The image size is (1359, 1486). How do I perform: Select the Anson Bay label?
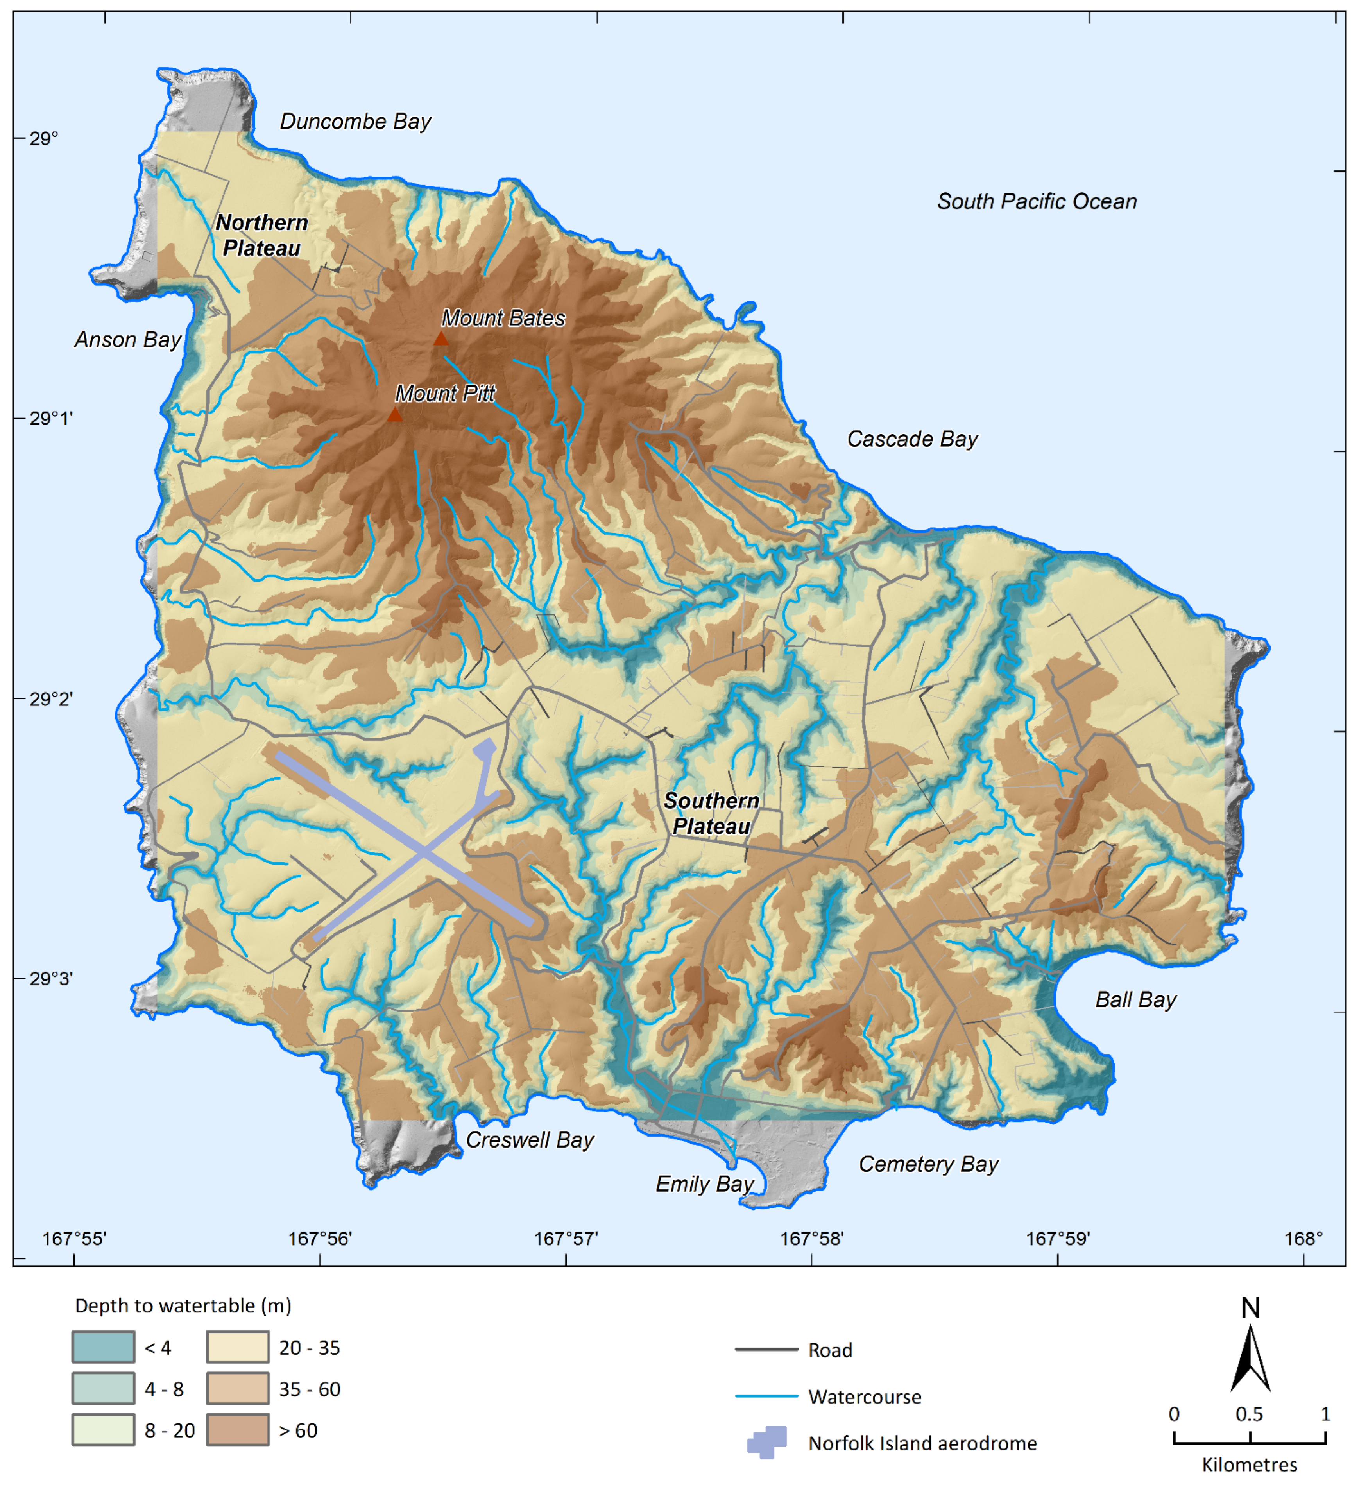tap(127, 340)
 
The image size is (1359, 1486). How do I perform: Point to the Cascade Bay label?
tap(911, 439)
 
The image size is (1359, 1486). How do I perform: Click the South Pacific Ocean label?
tap(1036, 201)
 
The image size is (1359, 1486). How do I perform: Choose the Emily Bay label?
tap(704, 1184)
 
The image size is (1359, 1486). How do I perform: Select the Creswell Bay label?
tap(529, 1140)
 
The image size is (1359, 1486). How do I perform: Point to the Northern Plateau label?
tap(261, 235)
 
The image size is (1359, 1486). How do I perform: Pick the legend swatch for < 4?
tap(103, 1347)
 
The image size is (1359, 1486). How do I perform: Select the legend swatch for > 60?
tap(237, 1430)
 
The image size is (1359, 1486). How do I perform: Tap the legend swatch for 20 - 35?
tap(237, 1347)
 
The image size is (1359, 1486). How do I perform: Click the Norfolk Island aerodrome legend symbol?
tap(766, 1443)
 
